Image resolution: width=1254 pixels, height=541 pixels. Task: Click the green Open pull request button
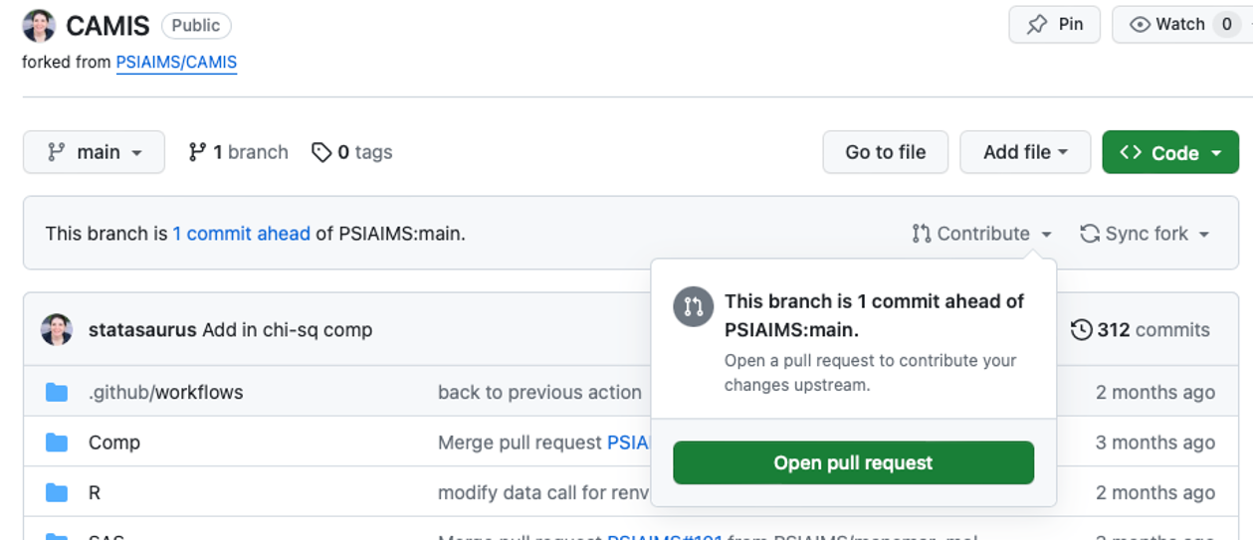(x=853, y=463)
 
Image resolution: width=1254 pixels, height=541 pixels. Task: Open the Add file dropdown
(x=1024, y=152)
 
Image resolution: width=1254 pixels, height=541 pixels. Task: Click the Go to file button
(x=885, y=152)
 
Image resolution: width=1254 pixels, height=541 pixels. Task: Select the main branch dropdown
(x=95, y=152)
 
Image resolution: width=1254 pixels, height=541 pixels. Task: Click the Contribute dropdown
(x=981, y=234)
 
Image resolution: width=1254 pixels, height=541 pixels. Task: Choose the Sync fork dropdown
(x=1145, y=234)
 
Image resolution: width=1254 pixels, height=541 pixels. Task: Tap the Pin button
(x=1054, y=25)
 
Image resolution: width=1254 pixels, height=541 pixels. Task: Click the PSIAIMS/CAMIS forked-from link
(x=176, y=62)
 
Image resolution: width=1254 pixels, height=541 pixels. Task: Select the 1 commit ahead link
(x=241, y=234)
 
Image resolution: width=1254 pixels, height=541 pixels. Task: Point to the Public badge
(x=196, y=25)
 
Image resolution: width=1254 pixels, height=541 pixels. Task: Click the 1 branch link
(x=238, y=152)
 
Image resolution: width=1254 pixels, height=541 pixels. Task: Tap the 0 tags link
(x=352, y=152)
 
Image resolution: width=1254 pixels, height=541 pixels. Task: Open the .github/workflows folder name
(x=165, y=392)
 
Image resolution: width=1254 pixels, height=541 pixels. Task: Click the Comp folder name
(x=114, y=443)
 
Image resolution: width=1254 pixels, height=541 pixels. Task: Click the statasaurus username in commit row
(x=142, y=330)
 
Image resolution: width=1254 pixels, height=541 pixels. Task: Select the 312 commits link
(x=1141, y=330)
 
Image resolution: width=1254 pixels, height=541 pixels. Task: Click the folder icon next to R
(x=57, y=492)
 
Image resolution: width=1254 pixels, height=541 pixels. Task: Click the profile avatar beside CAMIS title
(x=39, y=26)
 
